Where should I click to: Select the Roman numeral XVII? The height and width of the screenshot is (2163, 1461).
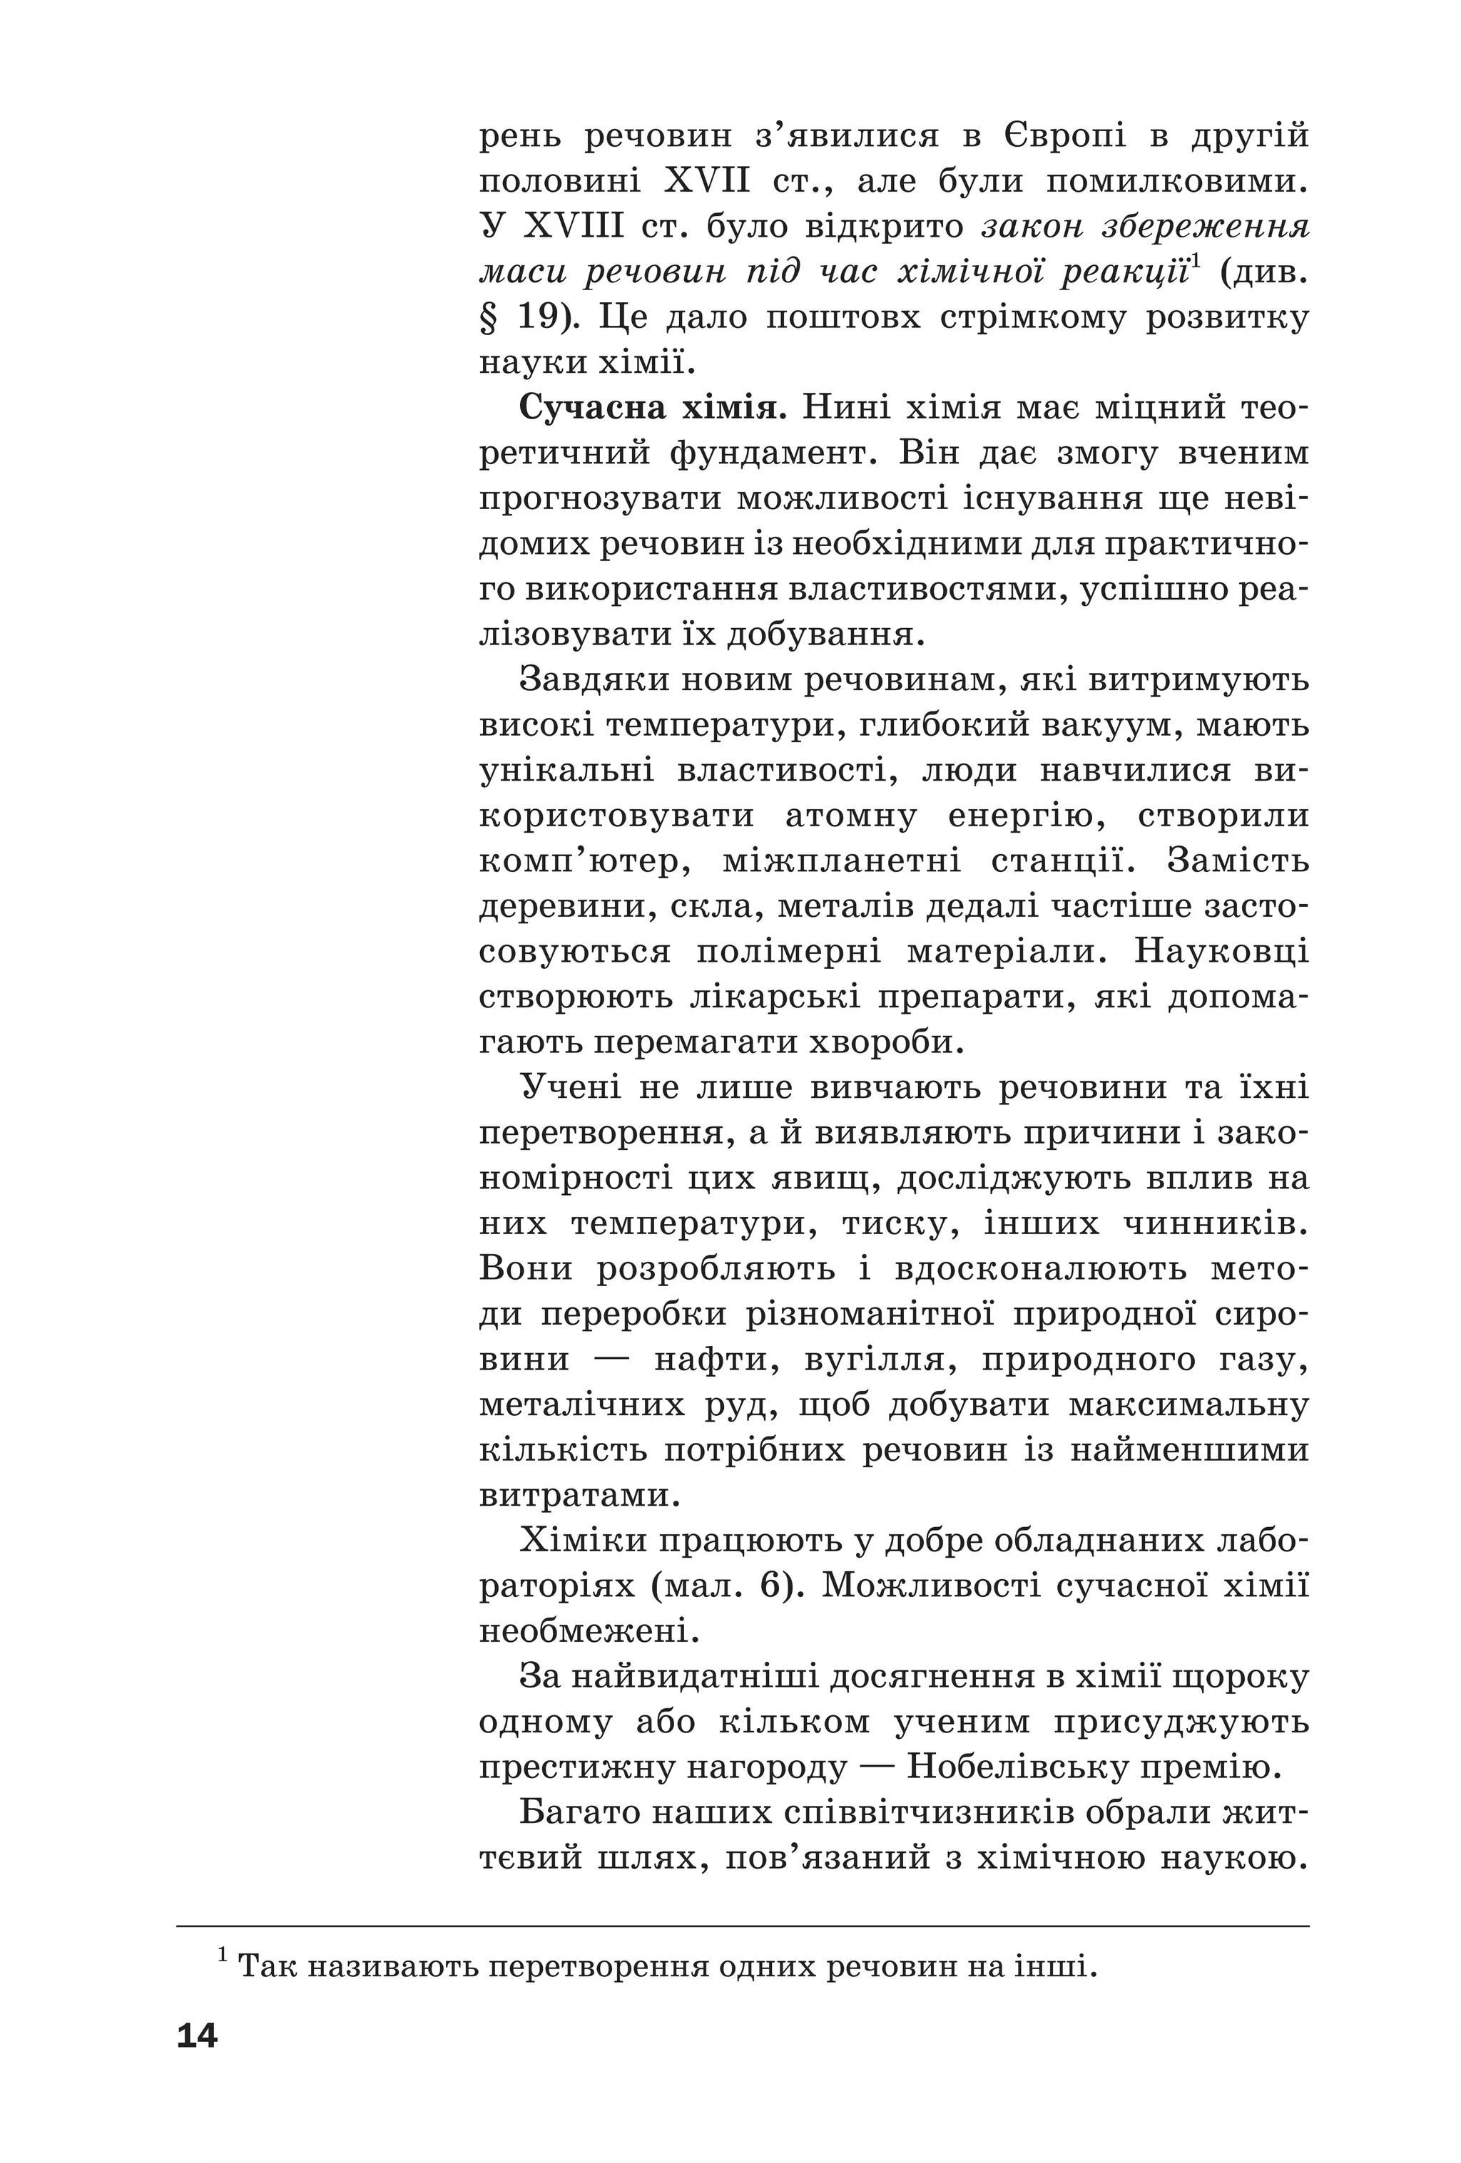point(707,180)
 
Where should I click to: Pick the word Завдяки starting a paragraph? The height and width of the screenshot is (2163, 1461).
point(592,679)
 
